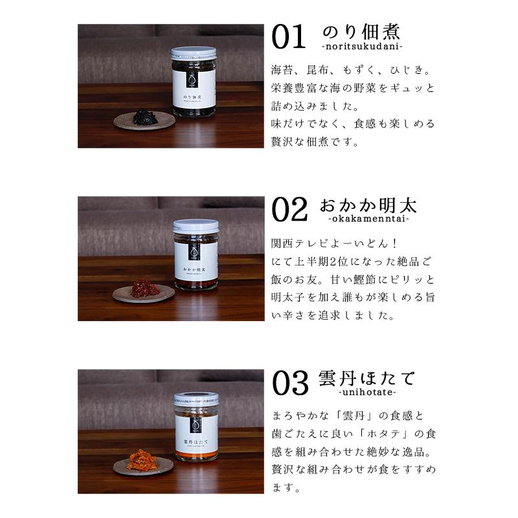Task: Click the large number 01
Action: click(288, 37)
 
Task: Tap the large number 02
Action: click(289, 209)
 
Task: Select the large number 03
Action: click(290, 383)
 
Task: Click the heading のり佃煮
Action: click(361, 32)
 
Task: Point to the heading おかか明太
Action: click(368, 205)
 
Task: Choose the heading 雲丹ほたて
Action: click(366, 379)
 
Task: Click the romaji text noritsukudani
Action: click(362, 46)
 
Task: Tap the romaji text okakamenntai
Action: click(368, 219)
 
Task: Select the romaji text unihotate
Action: click(367, 392)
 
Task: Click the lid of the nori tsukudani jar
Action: click(194, 53)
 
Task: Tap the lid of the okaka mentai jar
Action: click(196, 226)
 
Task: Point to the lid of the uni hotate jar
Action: click(196, 399)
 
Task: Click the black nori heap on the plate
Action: click(145, 117)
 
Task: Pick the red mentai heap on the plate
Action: click(144, 288)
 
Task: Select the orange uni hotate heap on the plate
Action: click(142, 460)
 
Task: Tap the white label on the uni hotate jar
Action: click(196, 434)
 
